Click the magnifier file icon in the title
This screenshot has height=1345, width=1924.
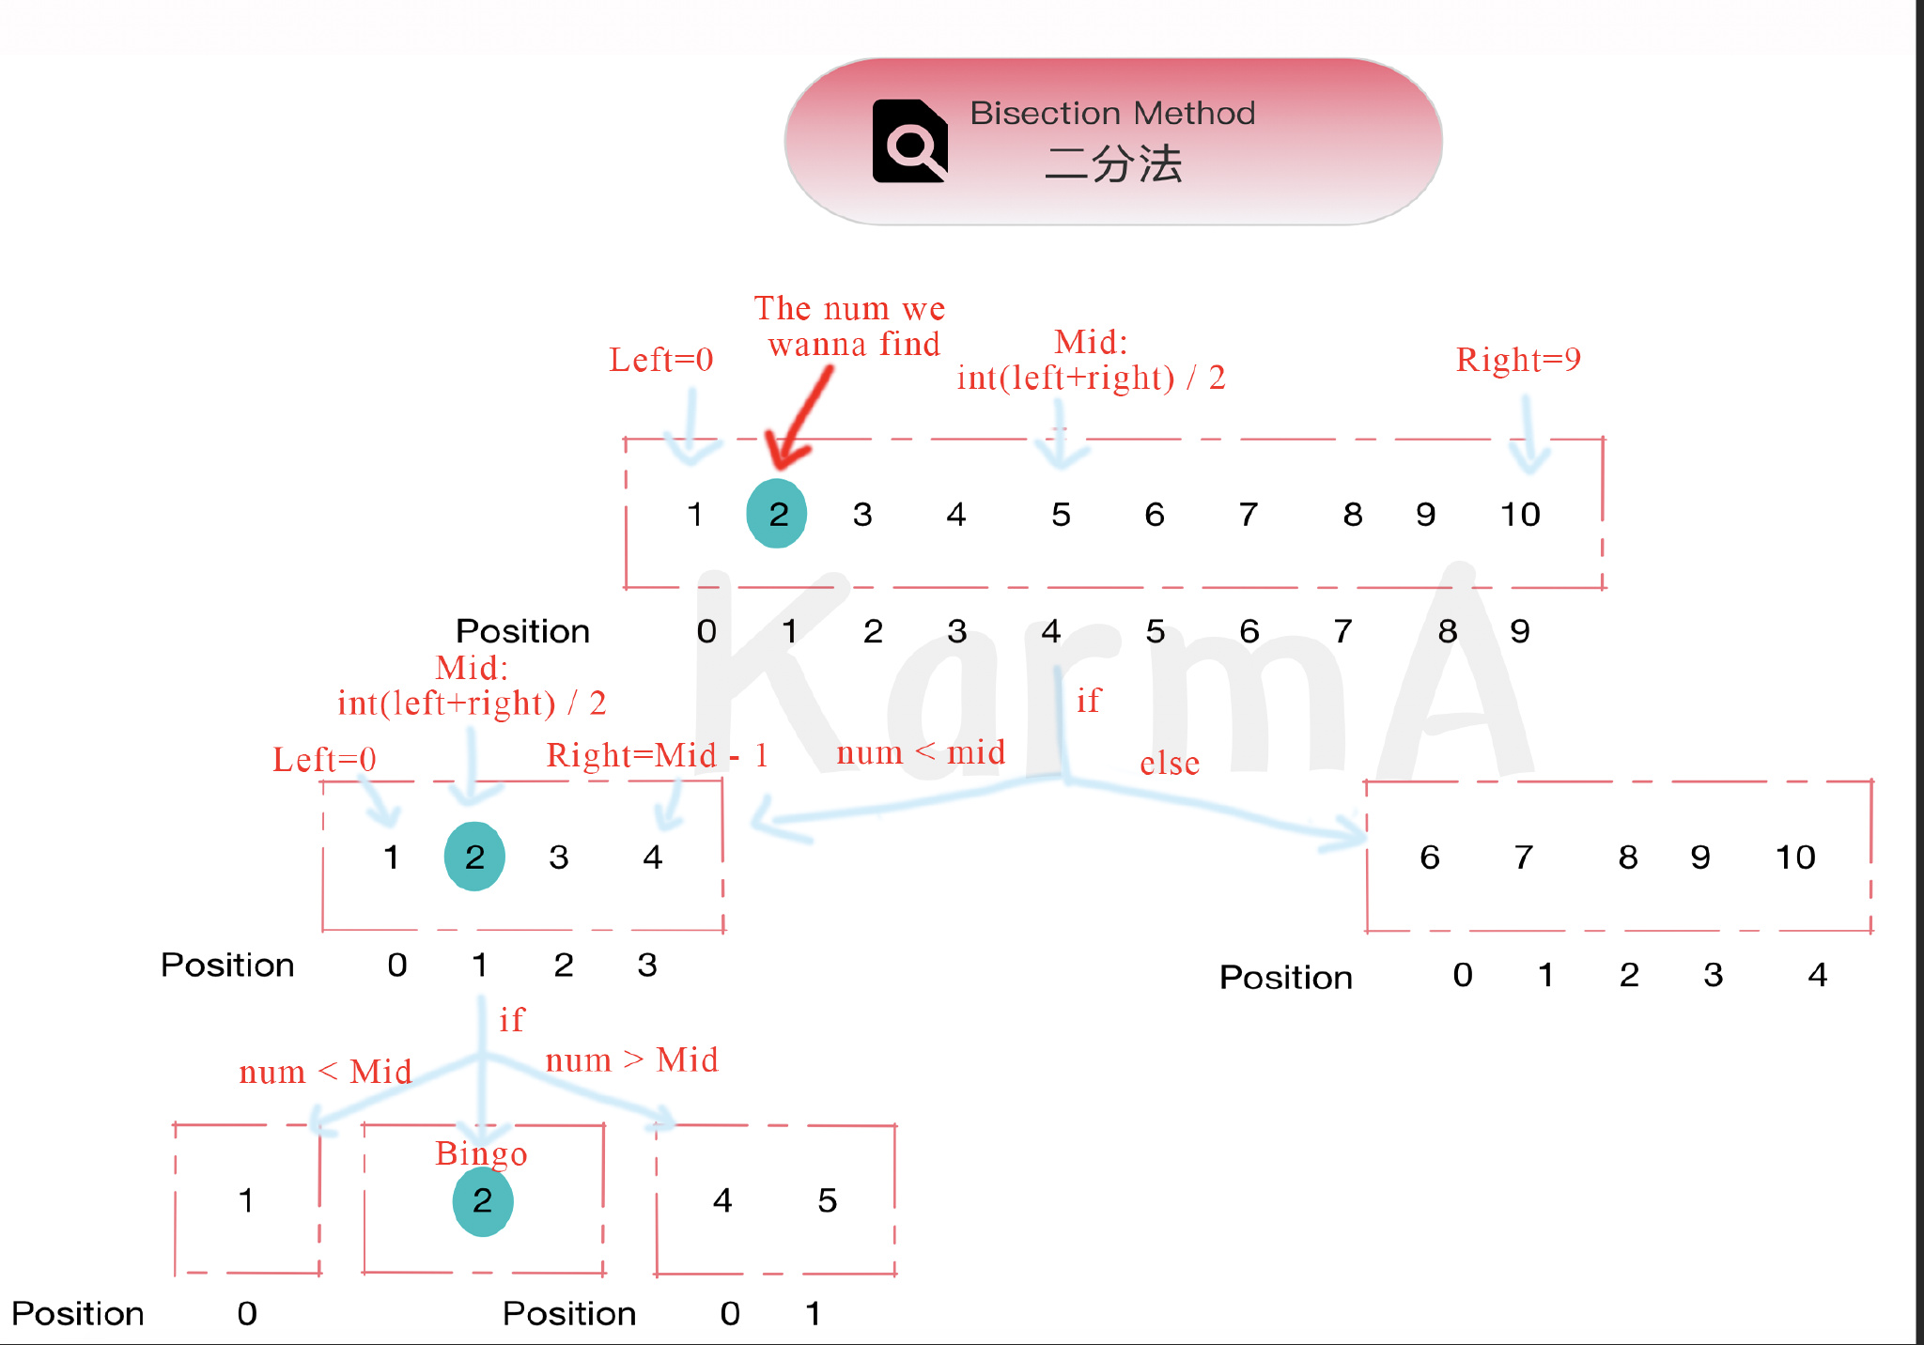909,142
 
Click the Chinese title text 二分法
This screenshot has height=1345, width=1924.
1113,164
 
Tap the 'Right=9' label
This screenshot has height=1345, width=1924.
1518,360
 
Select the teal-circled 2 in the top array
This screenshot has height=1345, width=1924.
777,514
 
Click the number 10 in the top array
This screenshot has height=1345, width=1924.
1519,515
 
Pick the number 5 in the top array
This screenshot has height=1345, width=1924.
1061,515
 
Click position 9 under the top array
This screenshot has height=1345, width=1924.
1519,631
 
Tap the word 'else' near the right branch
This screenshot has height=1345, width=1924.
1170,764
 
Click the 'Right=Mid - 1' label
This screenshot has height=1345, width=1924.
657,755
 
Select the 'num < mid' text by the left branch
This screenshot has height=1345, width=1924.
921,752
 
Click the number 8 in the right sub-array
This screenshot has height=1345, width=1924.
1627,858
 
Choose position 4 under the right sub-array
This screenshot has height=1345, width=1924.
1817,975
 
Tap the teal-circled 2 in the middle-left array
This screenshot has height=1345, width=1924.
474,857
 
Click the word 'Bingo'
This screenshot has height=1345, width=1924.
481,1153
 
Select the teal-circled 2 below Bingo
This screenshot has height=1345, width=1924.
483,1200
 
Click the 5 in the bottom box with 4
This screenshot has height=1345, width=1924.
827,1200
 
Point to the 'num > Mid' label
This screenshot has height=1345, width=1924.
631,1060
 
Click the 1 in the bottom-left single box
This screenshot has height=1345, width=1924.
246,1200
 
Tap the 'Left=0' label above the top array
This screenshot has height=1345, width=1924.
660,360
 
